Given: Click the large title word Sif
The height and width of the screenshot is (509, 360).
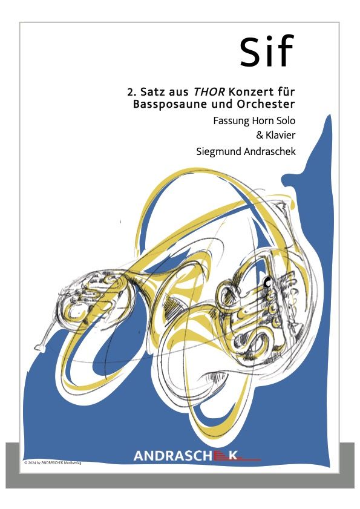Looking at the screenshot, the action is (x=267, y=51).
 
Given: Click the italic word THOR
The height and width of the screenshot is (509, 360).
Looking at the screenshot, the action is (x=209, y=92).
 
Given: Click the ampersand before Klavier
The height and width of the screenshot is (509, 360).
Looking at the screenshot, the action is (x=260, y=135).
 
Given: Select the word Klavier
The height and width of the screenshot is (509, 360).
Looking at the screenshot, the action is (x=281, y=135).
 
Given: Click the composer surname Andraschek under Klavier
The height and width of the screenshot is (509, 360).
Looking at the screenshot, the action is (x=267, y=151).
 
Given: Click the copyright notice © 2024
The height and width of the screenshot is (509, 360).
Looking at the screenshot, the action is (x=53, y=463).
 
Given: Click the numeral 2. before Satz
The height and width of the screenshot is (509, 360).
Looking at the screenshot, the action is (x=131, y=92).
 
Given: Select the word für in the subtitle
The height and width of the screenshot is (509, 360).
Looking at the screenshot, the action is (x=287, y=92).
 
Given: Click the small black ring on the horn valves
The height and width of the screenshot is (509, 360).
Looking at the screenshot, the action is (x=267, y=283).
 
